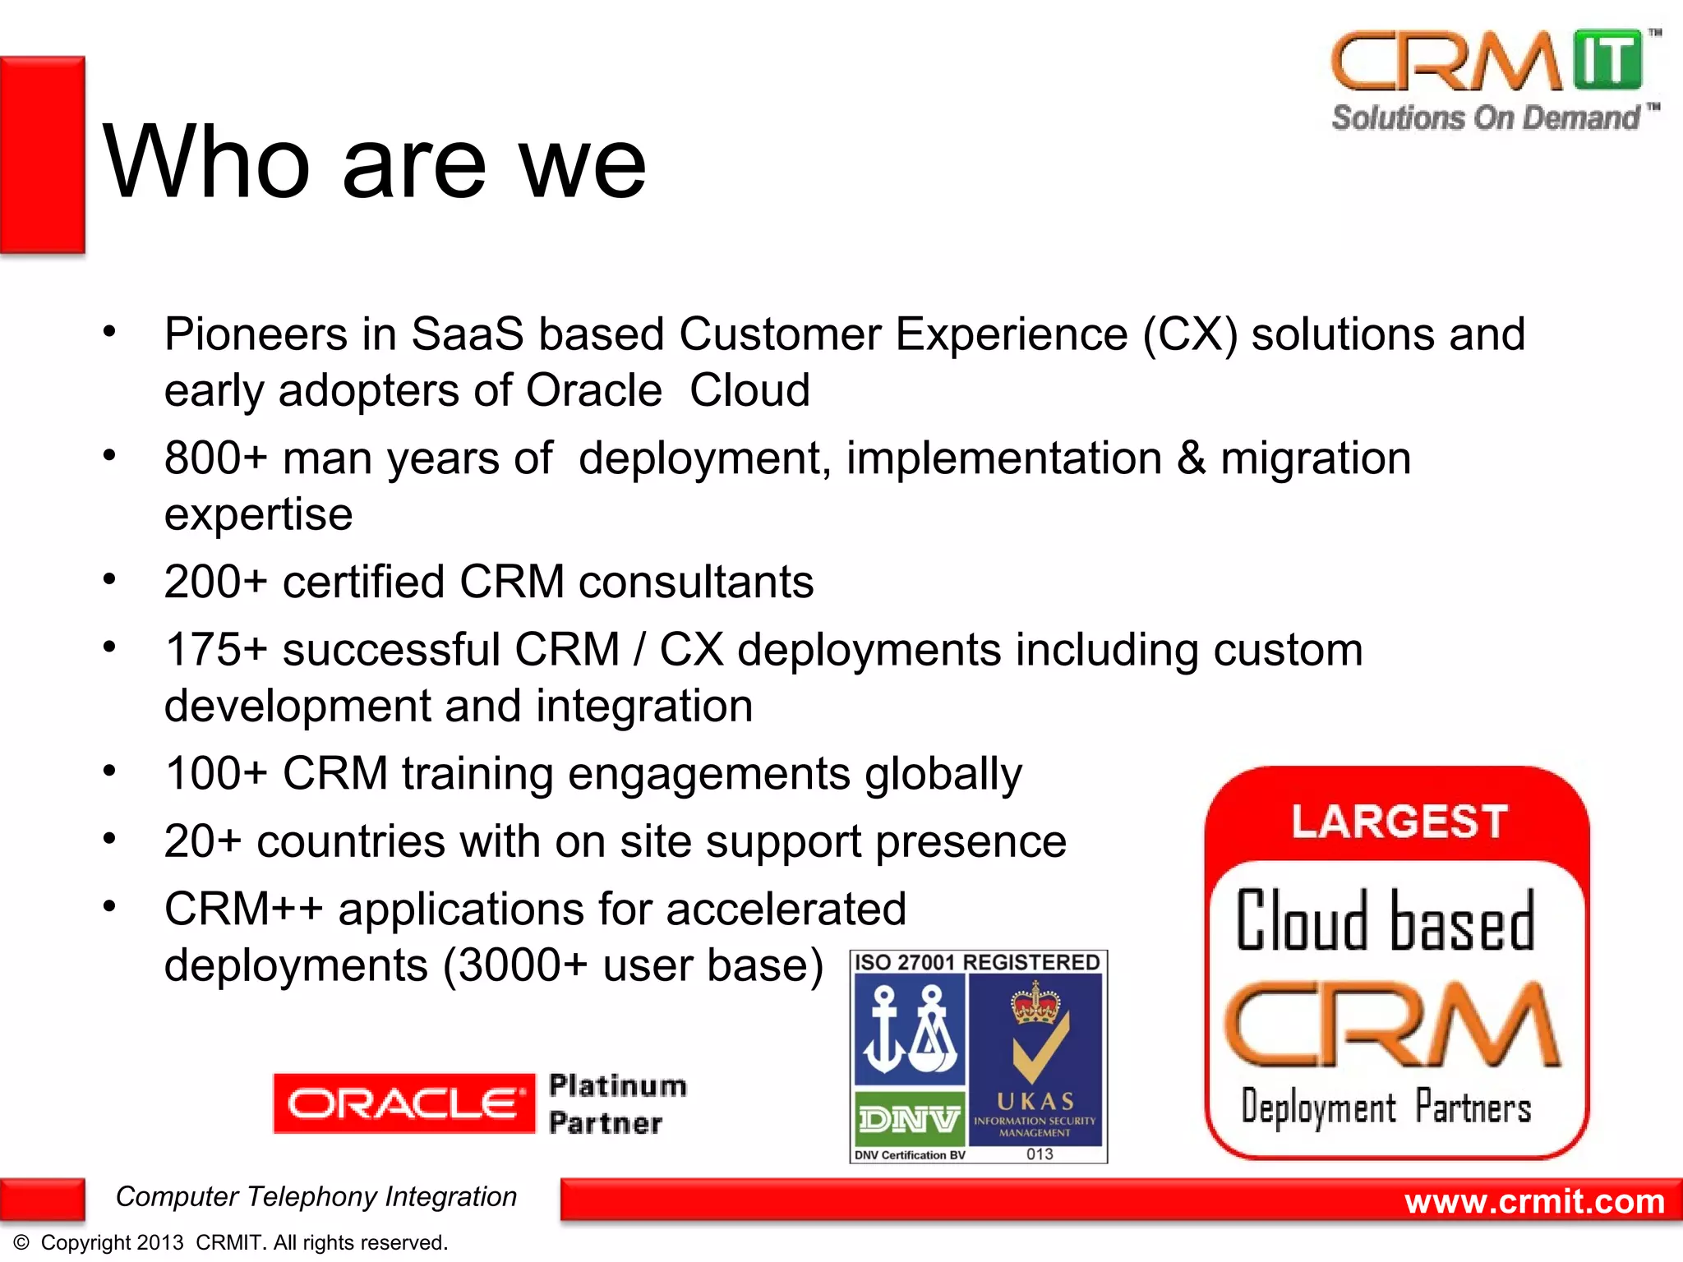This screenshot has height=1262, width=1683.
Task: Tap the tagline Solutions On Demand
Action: (x=1486, y=117)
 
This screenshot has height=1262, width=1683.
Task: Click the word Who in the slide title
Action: (x=205, y=162)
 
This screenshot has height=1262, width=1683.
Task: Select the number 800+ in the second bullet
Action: (x=215, y=458)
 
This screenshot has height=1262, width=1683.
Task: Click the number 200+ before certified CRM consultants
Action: (x=215, y=582)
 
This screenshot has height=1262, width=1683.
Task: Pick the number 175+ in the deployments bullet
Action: (x=215, y=650)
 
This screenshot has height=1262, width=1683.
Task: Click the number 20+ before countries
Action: (x=202, y=841)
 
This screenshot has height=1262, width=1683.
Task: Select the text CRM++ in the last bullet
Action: (x=243, y=910)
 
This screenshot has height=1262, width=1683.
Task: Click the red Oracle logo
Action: (x=403, y=1103)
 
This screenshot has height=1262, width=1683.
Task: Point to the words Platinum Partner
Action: (x=616, y=1103)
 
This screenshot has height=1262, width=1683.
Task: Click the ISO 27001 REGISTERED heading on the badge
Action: (x=977, y=962)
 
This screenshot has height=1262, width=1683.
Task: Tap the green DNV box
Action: (x=909, y=1118)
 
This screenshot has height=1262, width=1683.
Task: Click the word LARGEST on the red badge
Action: (x=1398, y=822)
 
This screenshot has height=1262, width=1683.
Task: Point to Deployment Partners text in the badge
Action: (x=1386, y=1107)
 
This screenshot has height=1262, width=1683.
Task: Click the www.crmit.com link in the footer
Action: (x=1533, y=1201)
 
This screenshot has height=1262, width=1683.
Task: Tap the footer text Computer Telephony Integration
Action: (x=316, y=1196)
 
